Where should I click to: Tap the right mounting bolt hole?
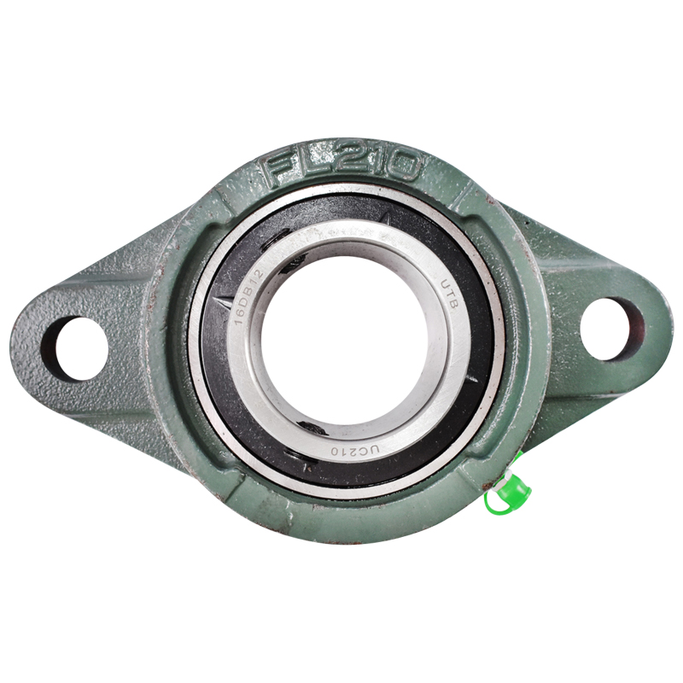611,329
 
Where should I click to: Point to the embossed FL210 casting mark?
342,166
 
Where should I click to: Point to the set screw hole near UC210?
312,426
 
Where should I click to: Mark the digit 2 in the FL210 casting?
342,161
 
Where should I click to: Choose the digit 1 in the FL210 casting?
373,161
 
